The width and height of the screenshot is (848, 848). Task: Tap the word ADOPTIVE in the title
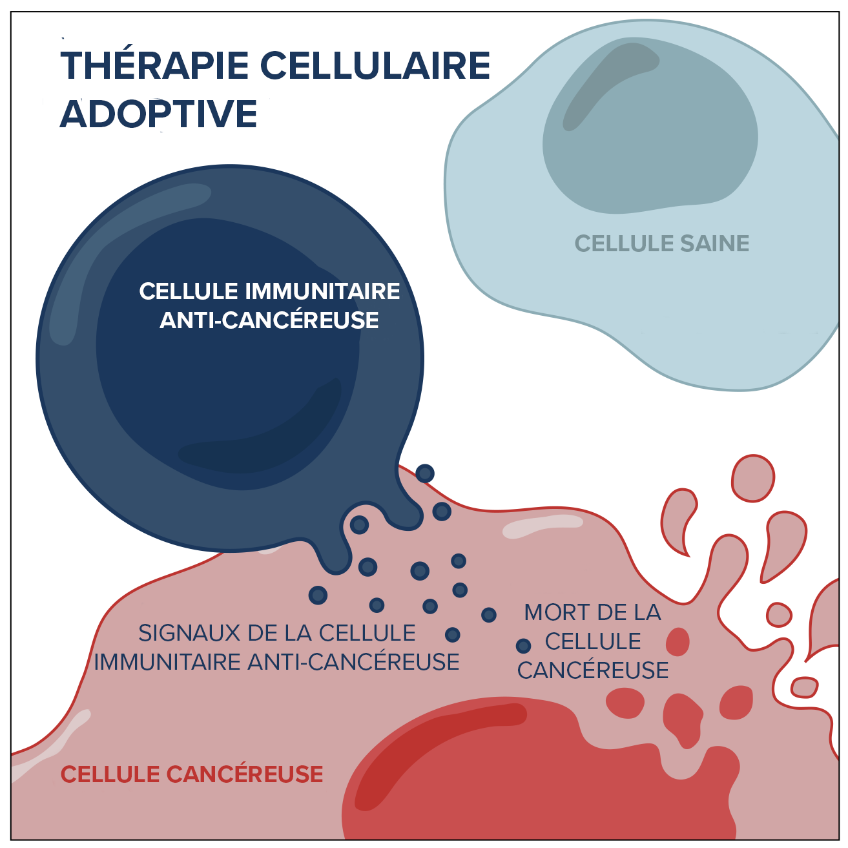[x=159, y=114]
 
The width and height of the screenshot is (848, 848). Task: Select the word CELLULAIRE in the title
[x=375, y=65]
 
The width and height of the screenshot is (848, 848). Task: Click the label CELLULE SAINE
[x=661, y=243]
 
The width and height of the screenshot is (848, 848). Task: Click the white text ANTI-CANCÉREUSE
[x=269, y=320]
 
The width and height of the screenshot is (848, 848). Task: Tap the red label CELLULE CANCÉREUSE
[x=192, y=774]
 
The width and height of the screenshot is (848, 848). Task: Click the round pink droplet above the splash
[x=752, y=478]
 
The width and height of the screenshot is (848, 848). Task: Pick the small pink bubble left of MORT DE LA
[x=779, y=614]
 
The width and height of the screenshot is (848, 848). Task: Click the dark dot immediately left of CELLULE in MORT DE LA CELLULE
[x=523, y=645]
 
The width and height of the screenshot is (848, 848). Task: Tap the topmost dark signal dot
[x=424, y=473]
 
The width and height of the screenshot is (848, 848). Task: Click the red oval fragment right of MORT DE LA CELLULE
[x=677, y=642]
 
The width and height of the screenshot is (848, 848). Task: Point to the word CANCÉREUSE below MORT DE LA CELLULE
[x=593, y=670]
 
